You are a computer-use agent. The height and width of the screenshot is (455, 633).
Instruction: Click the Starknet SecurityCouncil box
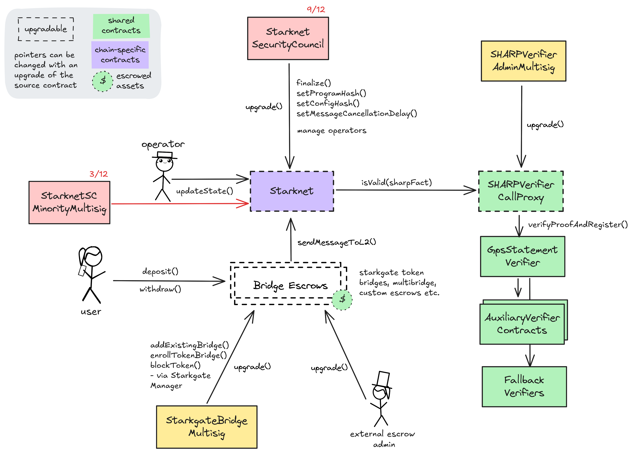[x=288, y=38]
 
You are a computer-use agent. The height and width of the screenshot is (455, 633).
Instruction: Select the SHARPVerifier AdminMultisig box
[x=523, y=61]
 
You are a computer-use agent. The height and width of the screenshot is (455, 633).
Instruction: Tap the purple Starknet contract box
[x=292, y=191]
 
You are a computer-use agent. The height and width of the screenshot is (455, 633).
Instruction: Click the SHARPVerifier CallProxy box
[x=520, y=191]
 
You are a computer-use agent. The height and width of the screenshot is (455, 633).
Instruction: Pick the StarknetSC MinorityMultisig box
[x=69, y=202]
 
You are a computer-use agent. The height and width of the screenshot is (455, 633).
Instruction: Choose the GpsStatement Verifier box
[x=522, y=256]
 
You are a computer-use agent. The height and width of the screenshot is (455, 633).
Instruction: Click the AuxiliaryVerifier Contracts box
[x=522, y=324]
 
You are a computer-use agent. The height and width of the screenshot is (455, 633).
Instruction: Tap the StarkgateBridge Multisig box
[x=206, y=427]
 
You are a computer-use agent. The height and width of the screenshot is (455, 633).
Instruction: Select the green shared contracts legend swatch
[x=121, y=26]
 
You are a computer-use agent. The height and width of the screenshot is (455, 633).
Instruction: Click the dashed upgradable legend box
[x=46, y=29]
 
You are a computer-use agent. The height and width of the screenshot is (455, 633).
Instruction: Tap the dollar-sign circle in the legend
[x=103, y=81]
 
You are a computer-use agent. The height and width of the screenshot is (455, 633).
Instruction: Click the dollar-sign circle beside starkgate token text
[x=342, y=300]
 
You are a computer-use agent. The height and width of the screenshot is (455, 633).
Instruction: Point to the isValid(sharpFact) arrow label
[x=396, y=183]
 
